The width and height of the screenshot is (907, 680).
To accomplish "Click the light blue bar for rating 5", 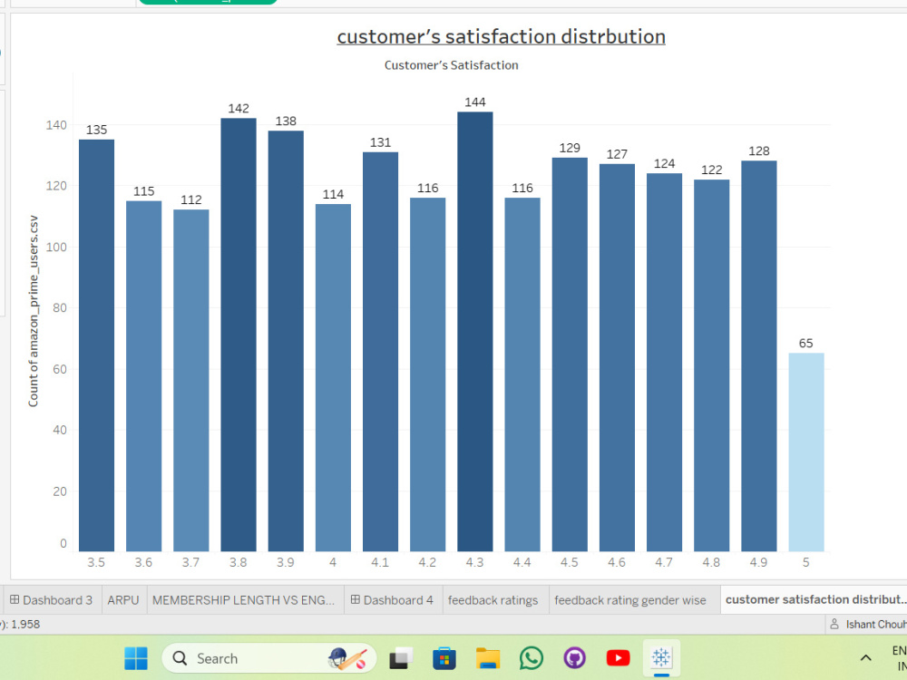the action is pyautogui.click(x=805, y=452).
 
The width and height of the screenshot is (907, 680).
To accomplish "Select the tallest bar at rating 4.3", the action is pyautogui.click(x=475, y=331).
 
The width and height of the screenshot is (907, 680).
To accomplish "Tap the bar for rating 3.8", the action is pyautogui.click(x=239, y=335).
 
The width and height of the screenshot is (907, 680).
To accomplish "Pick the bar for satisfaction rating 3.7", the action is pyautogui.click(x=190, y=380).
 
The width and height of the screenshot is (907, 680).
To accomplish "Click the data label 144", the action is pyautogui.click(x=475, y=102).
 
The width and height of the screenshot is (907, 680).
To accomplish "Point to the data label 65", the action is pyautogui.click(x=805, y=344).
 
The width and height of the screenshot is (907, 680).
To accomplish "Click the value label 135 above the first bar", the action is pyautogui.click(x=97, y=130).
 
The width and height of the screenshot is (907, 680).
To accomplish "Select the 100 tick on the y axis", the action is pyautogui.click(x=56, y=247).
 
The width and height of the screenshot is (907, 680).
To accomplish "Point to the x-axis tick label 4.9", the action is pyautogui.click(x=758, y=562).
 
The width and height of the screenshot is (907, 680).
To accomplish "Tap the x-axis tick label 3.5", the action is pyautogui.click(x=96, y=562).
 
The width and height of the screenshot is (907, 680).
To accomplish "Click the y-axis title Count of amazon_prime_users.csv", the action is pyautogui.click(x=34, y=311).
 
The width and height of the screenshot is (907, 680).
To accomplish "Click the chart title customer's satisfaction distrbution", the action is pyautogui.click(x=501, y=36).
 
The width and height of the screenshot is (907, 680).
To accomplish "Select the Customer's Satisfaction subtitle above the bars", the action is pyautogui.click(x=451, y=65).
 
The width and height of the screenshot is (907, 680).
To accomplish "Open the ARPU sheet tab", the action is pyautogui.click(x=123, y=600).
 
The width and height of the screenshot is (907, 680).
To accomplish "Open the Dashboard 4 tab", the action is pyautogui.click(x=393, y=600).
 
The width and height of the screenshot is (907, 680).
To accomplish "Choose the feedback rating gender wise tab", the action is pyautogui.click(x=630, y=600).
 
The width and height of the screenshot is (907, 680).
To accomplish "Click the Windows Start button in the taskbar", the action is pyautogui.click(x=136, y=658).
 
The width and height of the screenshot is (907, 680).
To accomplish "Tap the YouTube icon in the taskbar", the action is pyautogui.click(x=618, y=658).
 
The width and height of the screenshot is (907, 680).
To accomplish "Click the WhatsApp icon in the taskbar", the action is pyautogui.click(x=531, y=658).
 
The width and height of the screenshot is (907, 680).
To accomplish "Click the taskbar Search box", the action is pyautogui.click(x=269, y=658).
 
